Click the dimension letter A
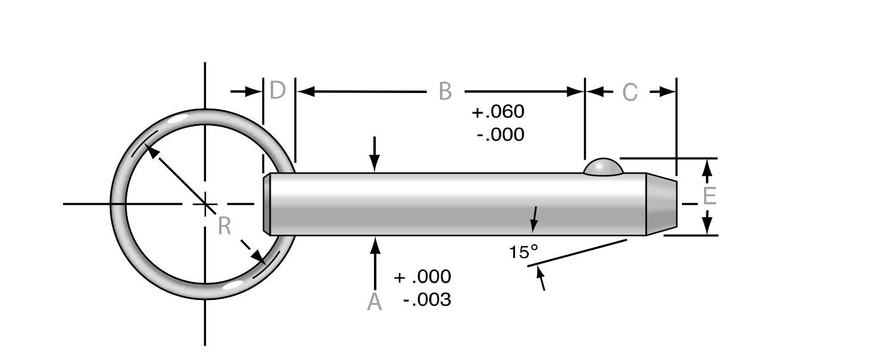pyautogui.click(x=375, y=302)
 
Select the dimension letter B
pyautogui.click(x=444, y=92)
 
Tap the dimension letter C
pyautogui.click(x=630, y=93)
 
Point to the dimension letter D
pyautogui.click(x=277, y=91)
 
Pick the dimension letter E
pyautogui.click(x=710, y=196)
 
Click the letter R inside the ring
pyautogui.click(x=224, y=226)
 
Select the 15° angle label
pyautogui.click(x=523, y=252)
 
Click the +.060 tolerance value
pyautogui.click(x=498, y=112)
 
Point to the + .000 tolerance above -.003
pyautogui.click(x=422, y=277)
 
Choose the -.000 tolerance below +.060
pyautogui.click(x=500, y=134)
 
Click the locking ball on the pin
pyautogui.click(x=603, y=167)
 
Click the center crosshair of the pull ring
pyautogui.click(x=205, y=205)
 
